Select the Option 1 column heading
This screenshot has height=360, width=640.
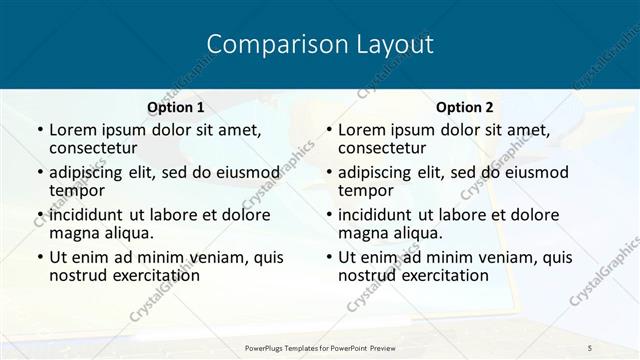[x=176, y=107]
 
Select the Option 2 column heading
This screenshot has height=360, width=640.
[x=465, y=107]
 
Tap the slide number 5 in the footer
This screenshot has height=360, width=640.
[x=590, y=347]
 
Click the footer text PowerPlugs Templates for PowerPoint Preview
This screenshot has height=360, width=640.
[x=319, y=347]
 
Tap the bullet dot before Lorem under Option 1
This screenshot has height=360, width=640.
[x=39, y=131]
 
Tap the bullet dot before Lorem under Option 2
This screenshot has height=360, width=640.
[x=328, y=131]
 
